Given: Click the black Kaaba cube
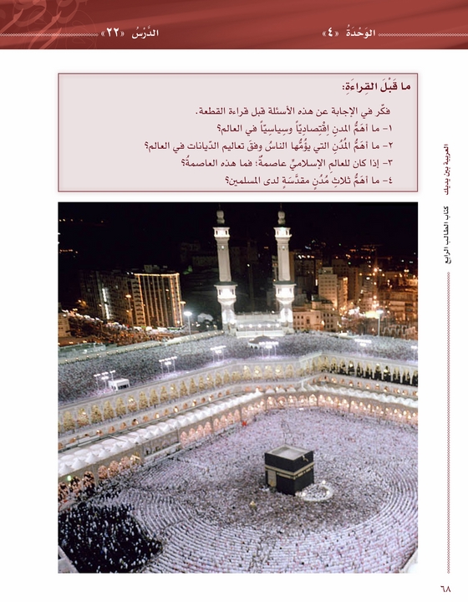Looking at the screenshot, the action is [289, 469].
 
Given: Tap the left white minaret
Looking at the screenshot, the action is [224, 268].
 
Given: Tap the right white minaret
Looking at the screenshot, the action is [283, 268].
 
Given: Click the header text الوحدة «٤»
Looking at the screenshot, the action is [349, 33].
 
